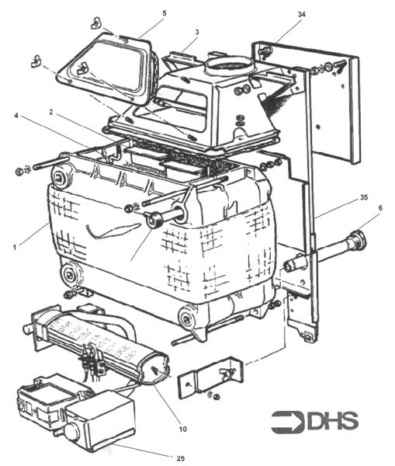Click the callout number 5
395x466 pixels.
164,13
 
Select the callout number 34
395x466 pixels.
301,13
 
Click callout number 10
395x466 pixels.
184,427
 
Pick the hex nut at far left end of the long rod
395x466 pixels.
19,169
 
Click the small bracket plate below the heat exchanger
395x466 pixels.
206,381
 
